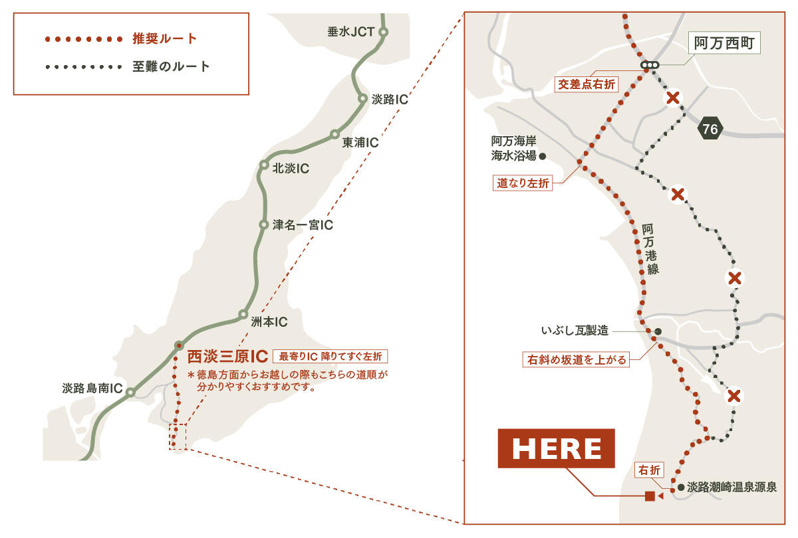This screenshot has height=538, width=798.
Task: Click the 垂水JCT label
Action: pyautogui.click(x=350, y=31)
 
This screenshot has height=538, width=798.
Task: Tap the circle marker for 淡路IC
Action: pyautogui.click(x=363, y=99)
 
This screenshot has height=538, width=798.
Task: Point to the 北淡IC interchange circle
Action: pyautogui.click(x=264, y=165)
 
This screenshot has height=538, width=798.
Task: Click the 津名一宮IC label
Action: pyautogui.click(x=303, y=225)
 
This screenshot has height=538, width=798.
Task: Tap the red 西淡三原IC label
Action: pyautogui.click(x=227, y=356)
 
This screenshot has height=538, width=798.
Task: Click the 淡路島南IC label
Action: pyautogui.click(x=92, y=389)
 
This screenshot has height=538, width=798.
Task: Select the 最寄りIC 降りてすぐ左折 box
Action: pyautogui.click(x=330, y=356)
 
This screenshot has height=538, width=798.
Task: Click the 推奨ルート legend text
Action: pyautogui.click(x=165, y=39)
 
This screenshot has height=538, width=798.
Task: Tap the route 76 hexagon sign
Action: pyautogui.click(x=710, y=129)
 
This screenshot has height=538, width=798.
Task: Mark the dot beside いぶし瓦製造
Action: pyautogui.click(x=658, y=331)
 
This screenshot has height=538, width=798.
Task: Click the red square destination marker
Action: pyautogui.click(x=650, y=496)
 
